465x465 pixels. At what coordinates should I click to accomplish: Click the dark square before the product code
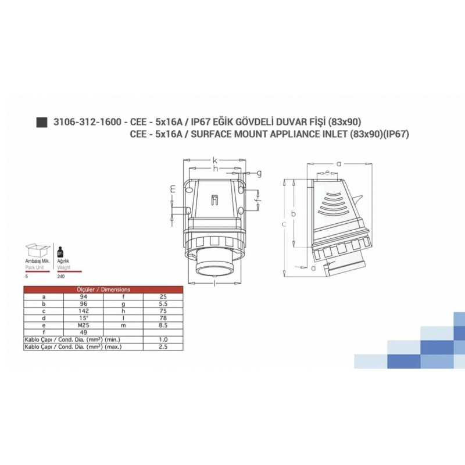(41, 122)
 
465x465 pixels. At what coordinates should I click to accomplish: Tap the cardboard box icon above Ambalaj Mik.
(37, 252)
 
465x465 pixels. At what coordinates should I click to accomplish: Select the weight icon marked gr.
(59, 252)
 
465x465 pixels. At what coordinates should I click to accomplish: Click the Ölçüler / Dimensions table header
(103, 289)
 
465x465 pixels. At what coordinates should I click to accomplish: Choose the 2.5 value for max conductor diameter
(163, 346)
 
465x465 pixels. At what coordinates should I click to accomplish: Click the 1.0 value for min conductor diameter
(163, 339)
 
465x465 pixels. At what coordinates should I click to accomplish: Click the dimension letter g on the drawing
(259, 173)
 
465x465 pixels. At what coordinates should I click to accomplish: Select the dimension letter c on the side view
(284, 224)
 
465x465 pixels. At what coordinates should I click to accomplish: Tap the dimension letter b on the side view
(294, 214)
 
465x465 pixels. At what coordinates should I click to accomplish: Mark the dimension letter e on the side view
(328, 173)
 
